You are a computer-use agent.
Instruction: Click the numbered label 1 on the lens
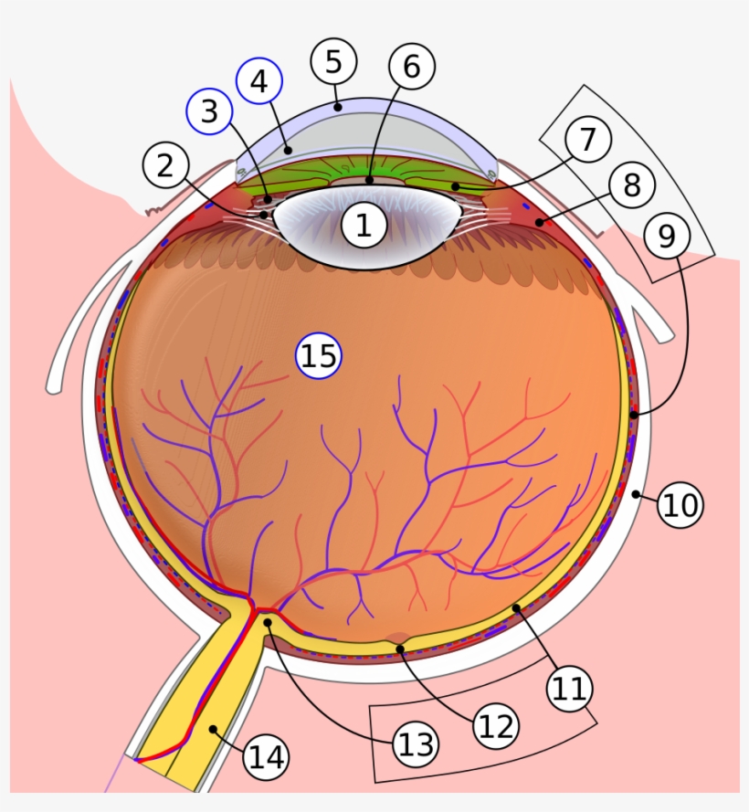coord(364,225)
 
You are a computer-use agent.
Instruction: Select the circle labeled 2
coord(165,167)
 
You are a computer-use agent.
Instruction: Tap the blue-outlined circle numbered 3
coord(210,112)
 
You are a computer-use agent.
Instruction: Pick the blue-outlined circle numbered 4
coord(259,81)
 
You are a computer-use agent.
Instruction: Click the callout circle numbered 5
coord(333,61)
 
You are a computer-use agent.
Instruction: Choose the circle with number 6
coord(412,66)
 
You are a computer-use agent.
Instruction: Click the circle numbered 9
coord(667,236)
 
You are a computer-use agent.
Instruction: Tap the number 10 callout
coord(680,504)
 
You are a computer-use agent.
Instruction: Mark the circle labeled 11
coord(569,688)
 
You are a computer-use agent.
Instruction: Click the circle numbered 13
coord(416,744)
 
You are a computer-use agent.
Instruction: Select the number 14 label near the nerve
coord(266,756)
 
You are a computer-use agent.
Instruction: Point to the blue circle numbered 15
coord(319,355)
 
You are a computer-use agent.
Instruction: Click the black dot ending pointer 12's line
coord(400,649)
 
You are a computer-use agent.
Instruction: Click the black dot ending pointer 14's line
coord(213,728)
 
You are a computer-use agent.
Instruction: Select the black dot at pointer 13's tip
coord(269,622)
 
